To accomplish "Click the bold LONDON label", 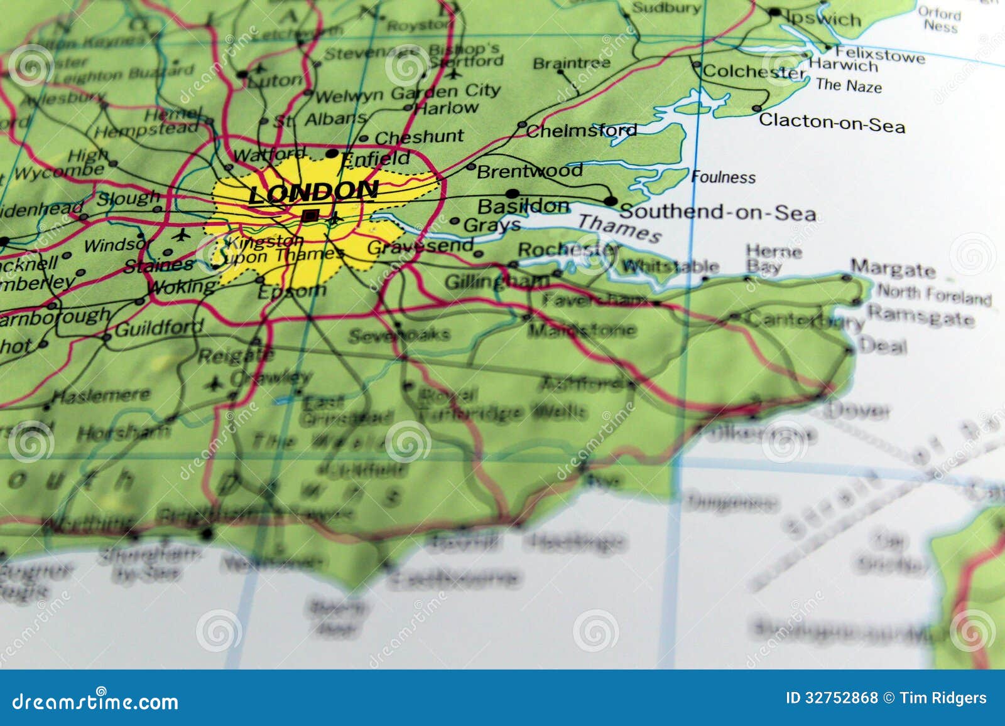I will (313, 192).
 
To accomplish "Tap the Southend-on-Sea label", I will (717, 212).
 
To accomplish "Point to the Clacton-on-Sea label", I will (832, 122).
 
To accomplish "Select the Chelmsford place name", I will (581, 131).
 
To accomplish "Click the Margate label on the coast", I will (893, 269).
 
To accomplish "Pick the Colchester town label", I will (753, 72).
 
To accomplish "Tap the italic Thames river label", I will (619, 227).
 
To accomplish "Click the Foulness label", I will (723, 177).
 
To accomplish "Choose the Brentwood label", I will (530, 171).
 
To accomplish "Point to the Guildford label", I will (159, 328).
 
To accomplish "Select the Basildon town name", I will (523, 206).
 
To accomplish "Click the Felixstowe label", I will (879, 55).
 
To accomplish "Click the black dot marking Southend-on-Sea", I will (610, 201).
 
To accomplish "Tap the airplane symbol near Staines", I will (182, 235).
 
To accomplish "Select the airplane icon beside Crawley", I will (214, 382).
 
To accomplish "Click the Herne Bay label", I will (773, 259).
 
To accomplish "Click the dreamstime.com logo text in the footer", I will (95, 702).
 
